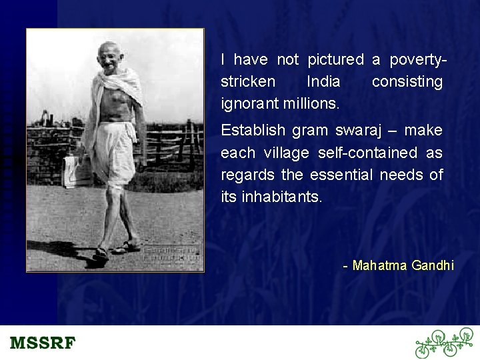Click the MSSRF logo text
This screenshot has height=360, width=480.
click(43, 344)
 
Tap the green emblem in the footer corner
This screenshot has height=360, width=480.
click(443, 343)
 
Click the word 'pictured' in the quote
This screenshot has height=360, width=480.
click(335, 60)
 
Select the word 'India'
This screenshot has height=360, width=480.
click(323, 82)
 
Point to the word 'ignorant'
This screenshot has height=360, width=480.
click(249, 104)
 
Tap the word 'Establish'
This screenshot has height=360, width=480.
click(253, 130)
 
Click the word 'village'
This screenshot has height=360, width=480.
click(287, 153)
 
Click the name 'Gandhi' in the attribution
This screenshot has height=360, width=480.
click(433, 266)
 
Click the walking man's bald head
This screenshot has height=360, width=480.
click(109, 50)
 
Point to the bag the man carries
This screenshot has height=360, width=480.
click(75, 170)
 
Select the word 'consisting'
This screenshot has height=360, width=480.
click(407, 82)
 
